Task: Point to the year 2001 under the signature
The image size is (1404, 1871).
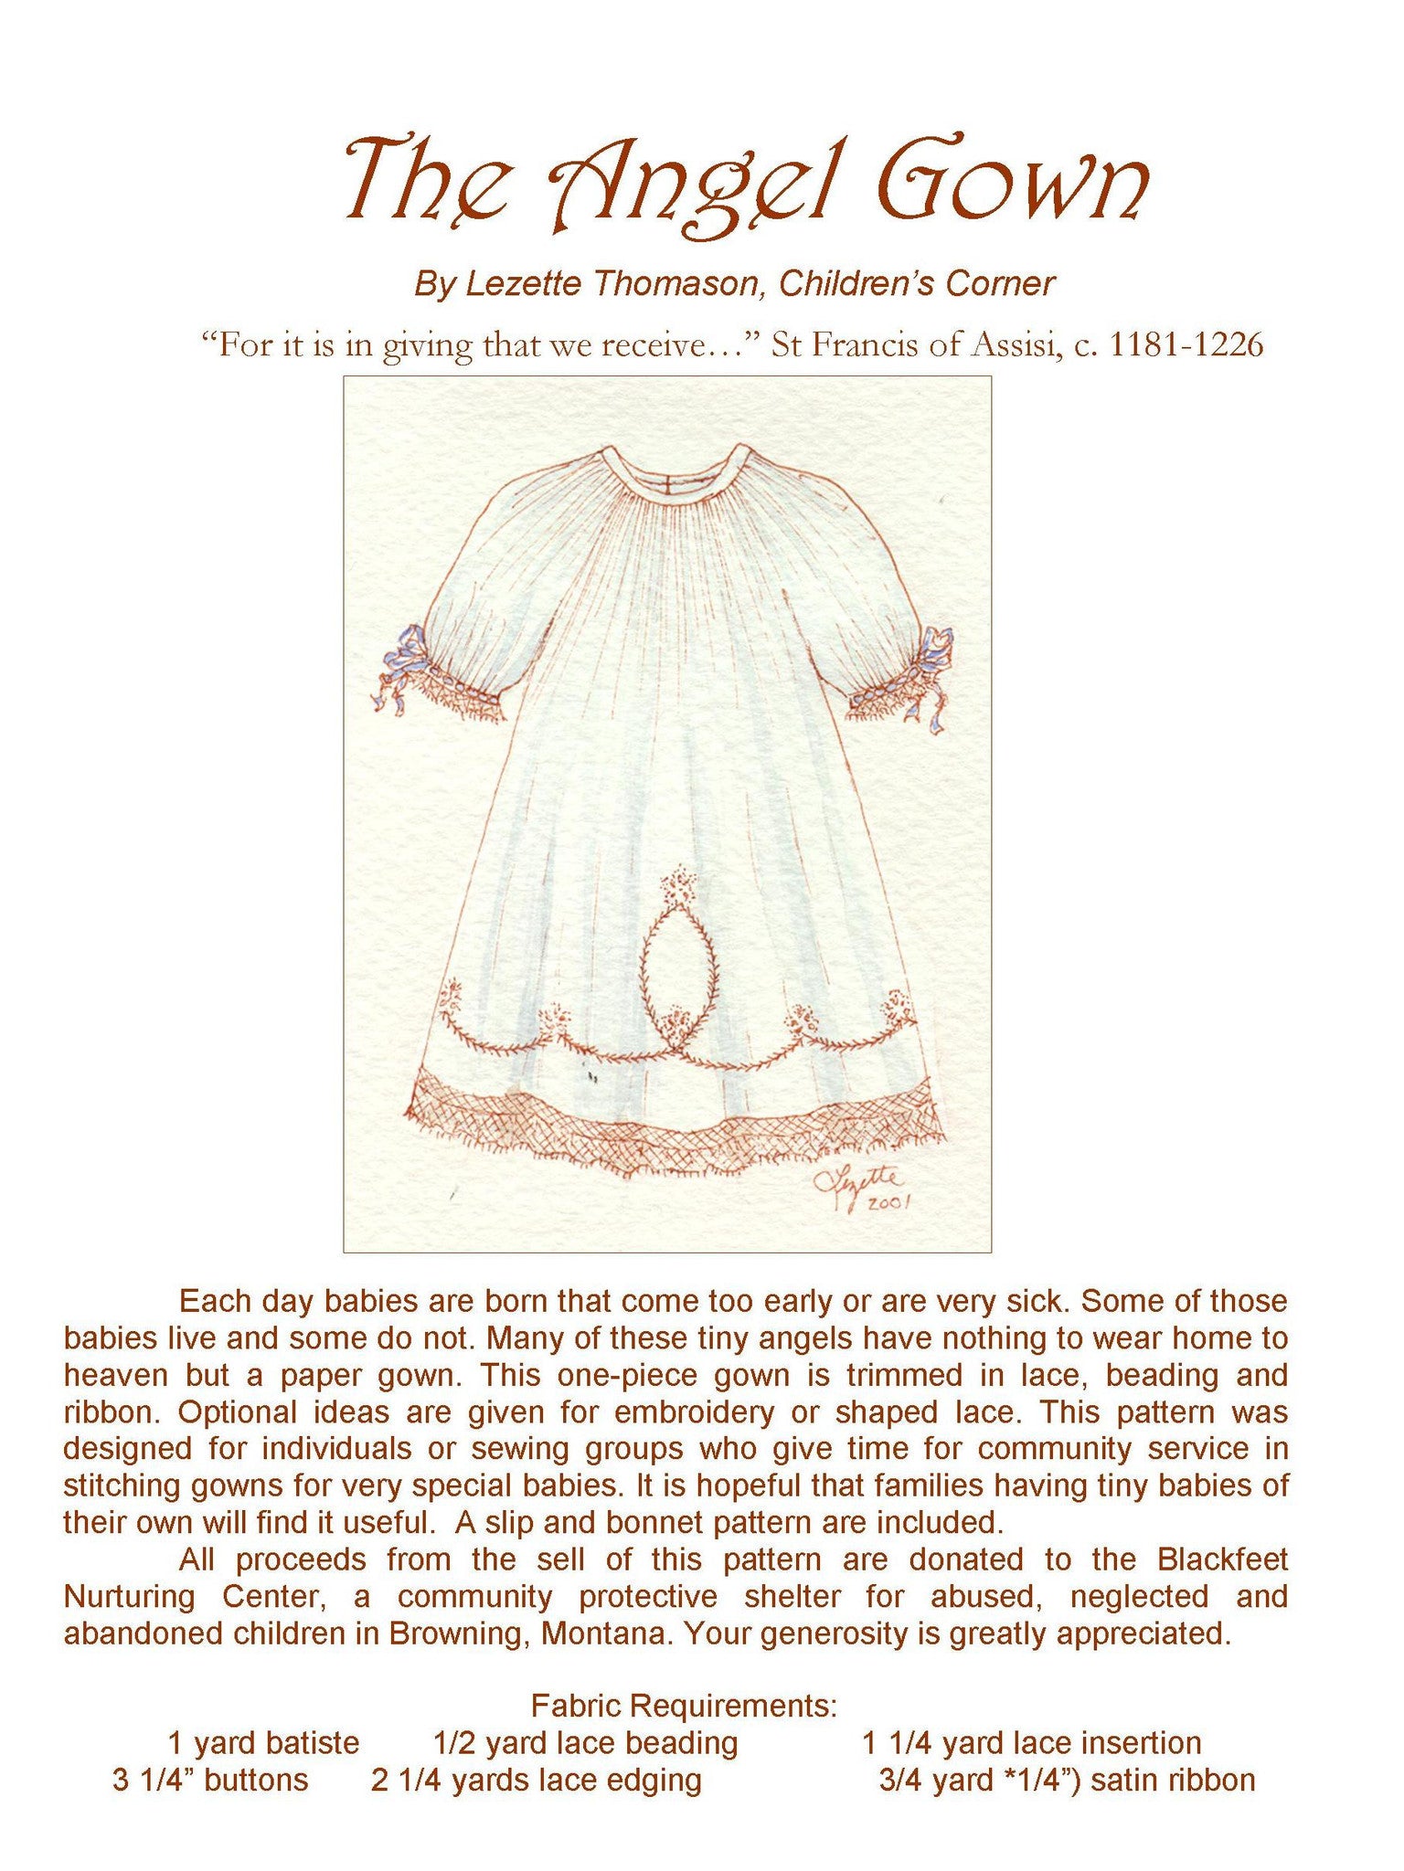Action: tap(888, 1204)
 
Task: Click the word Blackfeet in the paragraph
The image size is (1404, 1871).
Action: tap(1222, 1559)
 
